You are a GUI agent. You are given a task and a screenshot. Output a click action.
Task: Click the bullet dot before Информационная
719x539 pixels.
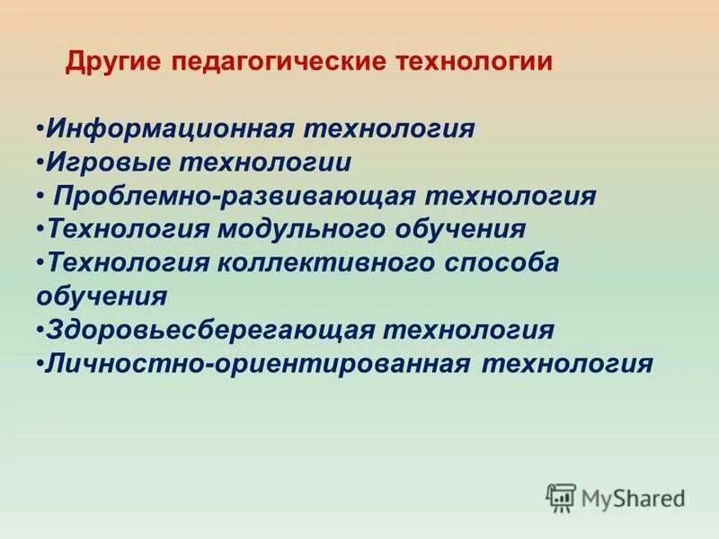41,128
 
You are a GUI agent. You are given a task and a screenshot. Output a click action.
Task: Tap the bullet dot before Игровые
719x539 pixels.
41,163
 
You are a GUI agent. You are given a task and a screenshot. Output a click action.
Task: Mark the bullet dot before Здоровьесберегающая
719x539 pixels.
41,330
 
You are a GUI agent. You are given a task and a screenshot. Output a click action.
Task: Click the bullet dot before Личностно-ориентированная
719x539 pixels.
41,364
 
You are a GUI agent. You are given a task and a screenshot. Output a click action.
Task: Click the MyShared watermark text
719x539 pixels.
633,497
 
